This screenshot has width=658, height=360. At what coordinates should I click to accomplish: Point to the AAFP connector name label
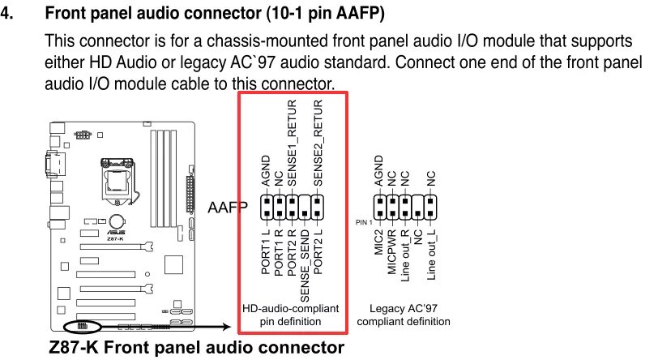coord(228,209)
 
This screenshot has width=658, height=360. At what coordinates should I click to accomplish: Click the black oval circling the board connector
coord(81,327)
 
